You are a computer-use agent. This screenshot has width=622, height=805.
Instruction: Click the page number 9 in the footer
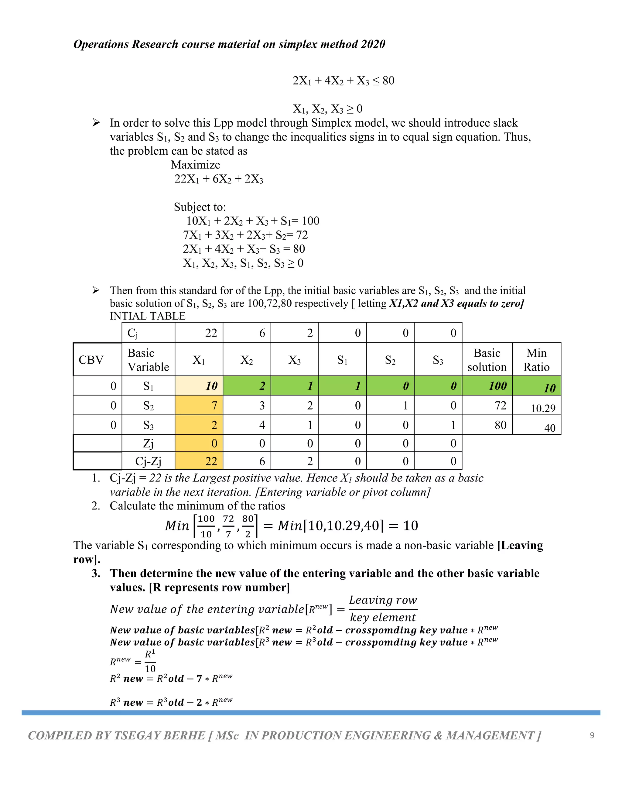click(x=592, y=735)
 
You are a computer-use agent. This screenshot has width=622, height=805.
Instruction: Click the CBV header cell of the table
click(x=91, y=360)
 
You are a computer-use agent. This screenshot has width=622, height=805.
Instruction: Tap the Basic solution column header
click(x=487, y=360)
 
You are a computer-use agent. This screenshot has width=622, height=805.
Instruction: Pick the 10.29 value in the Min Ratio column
click(x=543, y=408)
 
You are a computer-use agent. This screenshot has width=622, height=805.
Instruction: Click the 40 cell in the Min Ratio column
click(x=549, y=428)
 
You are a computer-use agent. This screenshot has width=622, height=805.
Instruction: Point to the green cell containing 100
click(x=497, y=386)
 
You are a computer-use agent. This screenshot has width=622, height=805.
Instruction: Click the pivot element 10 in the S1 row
click(x=211, y=386)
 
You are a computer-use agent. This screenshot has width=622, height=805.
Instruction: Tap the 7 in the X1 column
click(x=214, y=406)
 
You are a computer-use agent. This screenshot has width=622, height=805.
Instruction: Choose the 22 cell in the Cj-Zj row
click(x=211, y=461)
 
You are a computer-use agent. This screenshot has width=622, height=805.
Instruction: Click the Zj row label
click(x=148, y=444)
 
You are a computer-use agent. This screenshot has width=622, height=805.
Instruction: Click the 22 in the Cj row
click(x=211, y=333)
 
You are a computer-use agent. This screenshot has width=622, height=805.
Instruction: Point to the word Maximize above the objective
click(x=195, y=165)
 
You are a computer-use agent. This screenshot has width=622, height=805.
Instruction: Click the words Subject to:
click(x=200, y=207)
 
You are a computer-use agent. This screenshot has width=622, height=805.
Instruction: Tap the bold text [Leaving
click(x=520, y=545)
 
